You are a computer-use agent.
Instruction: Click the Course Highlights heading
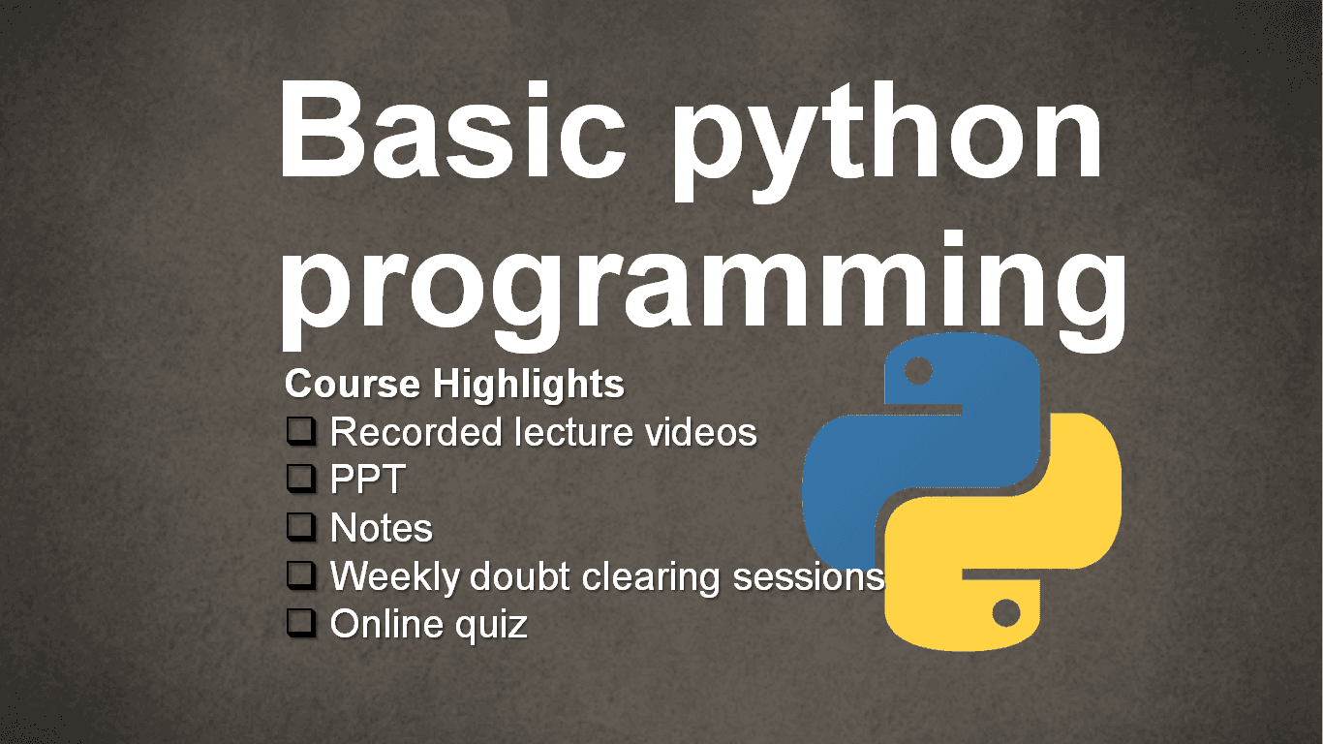click(454, 385)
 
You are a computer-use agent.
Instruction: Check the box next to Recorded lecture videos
click(301, 431)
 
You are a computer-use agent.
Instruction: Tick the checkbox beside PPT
click(301, 479)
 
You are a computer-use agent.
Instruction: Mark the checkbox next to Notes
click(301, 527)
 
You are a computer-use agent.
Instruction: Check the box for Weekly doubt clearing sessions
click(301, 575)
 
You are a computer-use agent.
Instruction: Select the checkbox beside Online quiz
click(301, 623)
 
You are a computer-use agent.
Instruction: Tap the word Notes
click(381, 528)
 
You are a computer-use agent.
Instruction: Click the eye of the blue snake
click(917, 371)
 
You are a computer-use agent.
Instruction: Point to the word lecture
click(573, 432)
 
